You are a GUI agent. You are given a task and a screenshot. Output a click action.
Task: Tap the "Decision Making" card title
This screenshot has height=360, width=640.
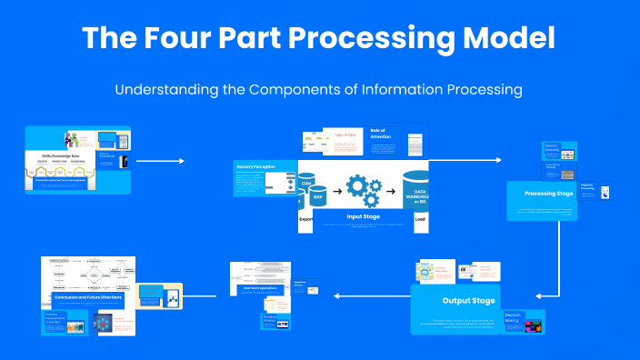515,319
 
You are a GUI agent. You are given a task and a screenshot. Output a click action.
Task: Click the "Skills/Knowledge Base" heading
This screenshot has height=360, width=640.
55,156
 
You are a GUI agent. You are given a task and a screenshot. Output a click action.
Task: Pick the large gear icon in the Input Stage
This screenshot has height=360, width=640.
357,186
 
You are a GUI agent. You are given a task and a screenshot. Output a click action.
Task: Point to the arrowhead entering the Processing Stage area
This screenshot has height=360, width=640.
498,160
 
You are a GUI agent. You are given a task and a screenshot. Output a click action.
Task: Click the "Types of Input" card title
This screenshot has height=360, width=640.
345,135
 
